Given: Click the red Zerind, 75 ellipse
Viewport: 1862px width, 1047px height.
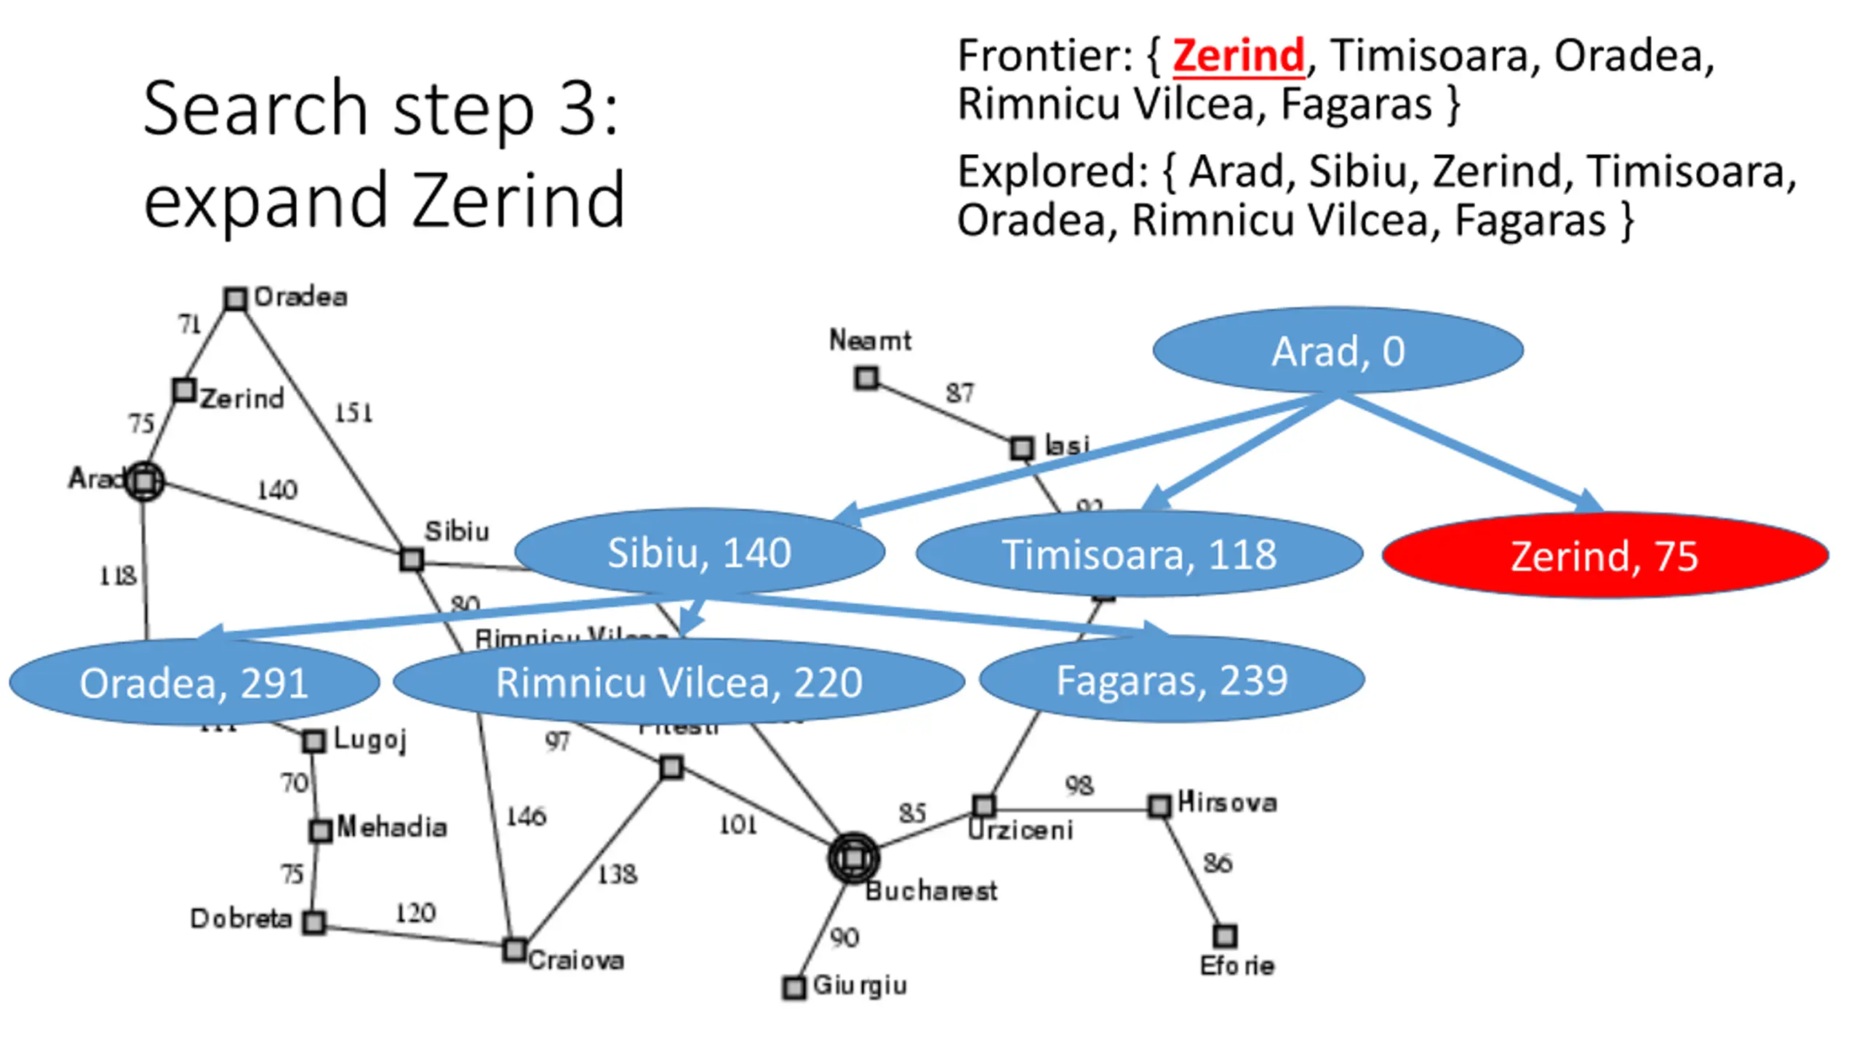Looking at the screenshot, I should (1605, 555).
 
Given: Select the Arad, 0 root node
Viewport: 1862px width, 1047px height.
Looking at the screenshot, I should (1338, 350).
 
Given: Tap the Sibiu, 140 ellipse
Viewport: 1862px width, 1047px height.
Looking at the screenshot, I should (699, 552).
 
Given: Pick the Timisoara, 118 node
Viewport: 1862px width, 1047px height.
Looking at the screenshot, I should (1139, 554).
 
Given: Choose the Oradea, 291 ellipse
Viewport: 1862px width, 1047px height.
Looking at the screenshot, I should (193, 682).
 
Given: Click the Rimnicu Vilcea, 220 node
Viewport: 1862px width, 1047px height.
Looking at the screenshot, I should (679, 682).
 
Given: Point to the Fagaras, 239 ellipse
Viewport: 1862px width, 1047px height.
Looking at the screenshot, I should (1172, 680).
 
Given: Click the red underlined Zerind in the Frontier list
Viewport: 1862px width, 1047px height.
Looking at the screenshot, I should (1239, 55).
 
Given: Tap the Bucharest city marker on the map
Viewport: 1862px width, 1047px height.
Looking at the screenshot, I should (853, 858).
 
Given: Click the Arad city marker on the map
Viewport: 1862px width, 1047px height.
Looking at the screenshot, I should (145, 481).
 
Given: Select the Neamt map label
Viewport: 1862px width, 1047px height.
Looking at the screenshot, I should (870, 340).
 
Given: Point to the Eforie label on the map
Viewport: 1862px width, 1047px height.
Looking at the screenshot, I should (1236, 966).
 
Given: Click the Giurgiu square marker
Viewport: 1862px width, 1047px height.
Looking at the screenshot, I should (794, 987).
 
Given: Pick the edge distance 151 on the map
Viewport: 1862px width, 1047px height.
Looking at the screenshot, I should (353, 413).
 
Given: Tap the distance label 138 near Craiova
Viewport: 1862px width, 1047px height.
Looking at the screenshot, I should (617, 874).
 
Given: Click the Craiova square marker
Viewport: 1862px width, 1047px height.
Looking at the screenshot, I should (515, 950).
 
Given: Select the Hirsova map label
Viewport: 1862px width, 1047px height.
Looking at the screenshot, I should (1227, 802).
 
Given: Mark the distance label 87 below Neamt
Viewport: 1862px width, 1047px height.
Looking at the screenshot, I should (959, 393).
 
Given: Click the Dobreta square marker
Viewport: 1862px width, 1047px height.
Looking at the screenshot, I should (313, 922).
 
